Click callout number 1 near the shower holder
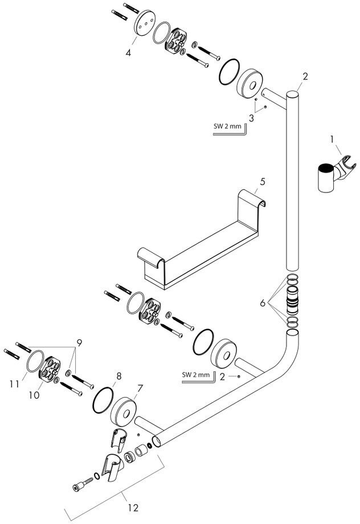pyautogui.click(x=332, y=140)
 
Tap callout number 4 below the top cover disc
pyautogui.click(x=128, y=53)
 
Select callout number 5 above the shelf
pyautogui.click(x=263, y=182)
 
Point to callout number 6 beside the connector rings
pyautogui.click(x=263, y=303)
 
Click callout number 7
pyautogui.click(x=140, y=388)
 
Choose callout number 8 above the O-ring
pyautogui.click(x=118, y=376)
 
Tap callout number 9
pyautogui.click(x=79, y=343)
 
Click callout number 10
pyautogui.click(x=34, y=395)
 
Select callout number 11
pyautogui.click(x=14, y=384)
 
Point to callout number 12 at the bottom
pyautogui.click(x=133, y=508)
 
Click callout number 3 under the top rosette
pyautogui.click(x=251, y=118)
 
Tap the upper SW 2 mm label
pyautogui.click(x=227, y=126)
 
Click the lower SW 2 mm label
pyautogui.click(x=196, y=375)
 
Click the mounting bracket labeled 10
pyautogui.click(x=50, y=368)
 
